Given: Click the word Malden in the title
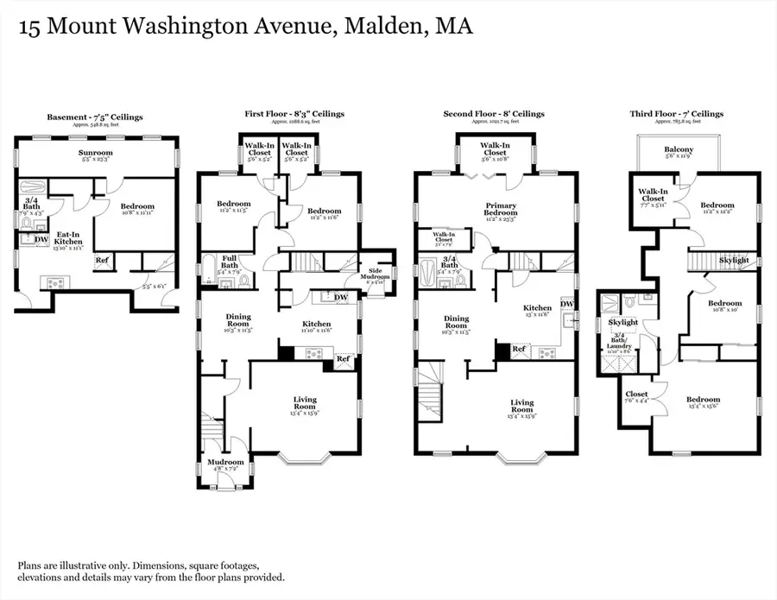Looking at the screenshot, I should click(x=382, y=27).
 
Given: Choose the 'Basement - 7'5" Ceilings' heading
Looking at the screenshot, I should click(x=95, y=115).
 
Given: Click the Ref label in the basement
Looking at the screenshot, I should click(x=101, y=260).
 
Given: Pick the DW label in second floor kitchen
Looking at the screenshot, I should click(x=567, y=303).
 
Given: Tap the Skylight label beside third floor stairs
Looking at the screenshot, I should click(x=734, y=260).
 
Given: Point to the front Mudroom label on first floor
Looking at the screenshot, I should click(x=225, y=463).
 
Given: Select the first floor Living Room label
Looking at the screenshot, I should click(x=305, y=400).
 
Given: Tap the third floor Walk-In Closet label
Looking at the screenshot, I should click(x=654, y=196).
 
